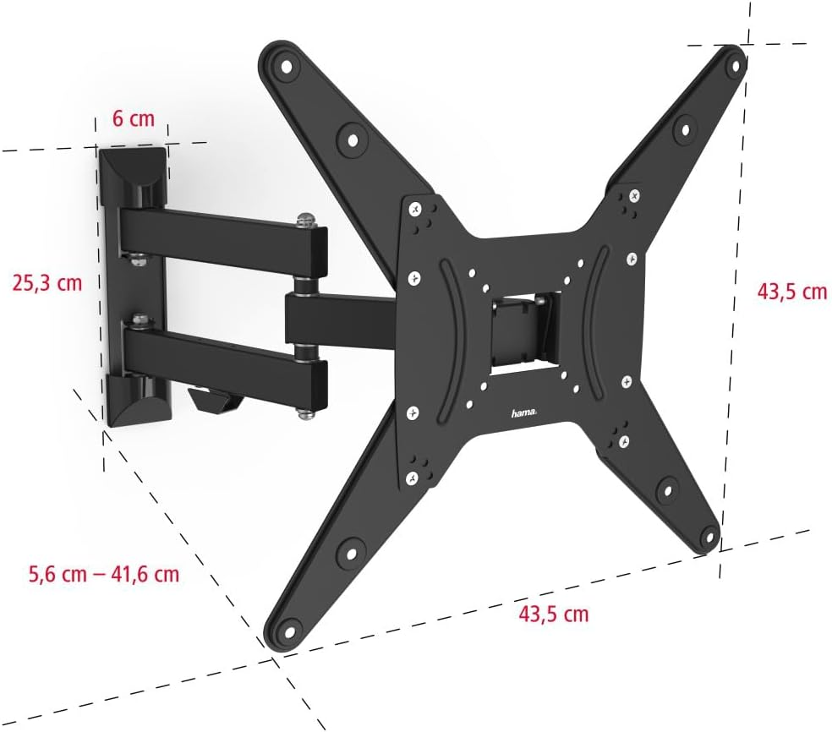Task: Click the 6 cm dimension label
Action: click(x=134, y=117)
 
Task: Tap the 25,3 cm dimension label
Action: click(x=47, y=282)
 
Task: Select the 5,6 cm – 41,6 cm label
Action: click(x=104, y=574)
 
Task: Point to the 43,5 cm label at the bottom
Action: click(x=554, y=614)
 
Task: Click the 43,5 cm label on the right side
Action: click(x=791, y=292)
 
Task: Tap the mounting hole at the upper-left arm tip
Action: click(x=286, y=68)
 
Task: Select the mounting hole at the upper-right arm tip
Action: click(x=736, y=66)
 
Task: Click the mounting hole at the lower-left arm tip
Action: click(x=290, y=631)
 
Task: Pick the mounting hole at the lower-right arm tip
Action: click(x=708, y=538)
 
